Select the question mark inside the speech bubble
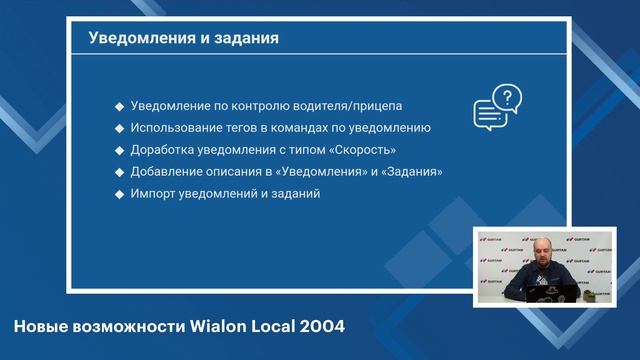(508, 98)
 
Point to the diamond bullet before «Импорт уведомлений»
(119, 194)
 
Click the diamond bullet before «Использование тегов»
(119, 128)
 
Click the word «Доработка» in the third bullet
(161, 150)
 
